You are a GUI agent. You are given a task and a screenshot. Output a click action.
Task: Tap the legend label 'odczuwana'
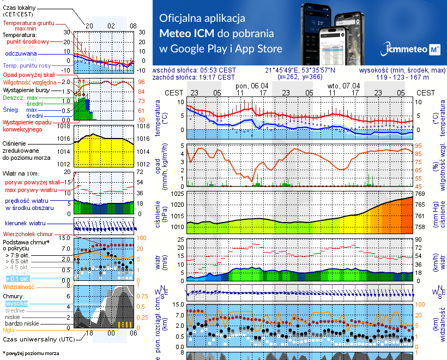21,54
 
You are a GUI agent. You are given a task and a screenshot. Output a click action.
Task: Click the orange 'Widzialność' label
19,286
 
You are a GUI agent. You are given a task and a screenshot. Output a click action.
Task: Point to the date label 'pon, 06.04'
252,86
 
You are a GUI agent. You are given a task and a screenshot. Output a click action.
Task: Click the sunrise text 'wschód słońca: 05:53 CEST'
195,70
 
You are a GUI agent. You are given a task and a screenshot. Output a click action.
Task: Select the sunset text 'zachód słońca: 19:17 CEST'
195,77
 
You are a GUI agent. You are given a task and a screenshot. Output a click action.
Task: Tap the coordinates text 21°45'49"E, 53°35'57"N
300,70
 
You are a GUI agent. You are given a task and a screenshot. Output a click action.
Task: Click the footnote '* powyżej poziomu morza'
31,353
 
